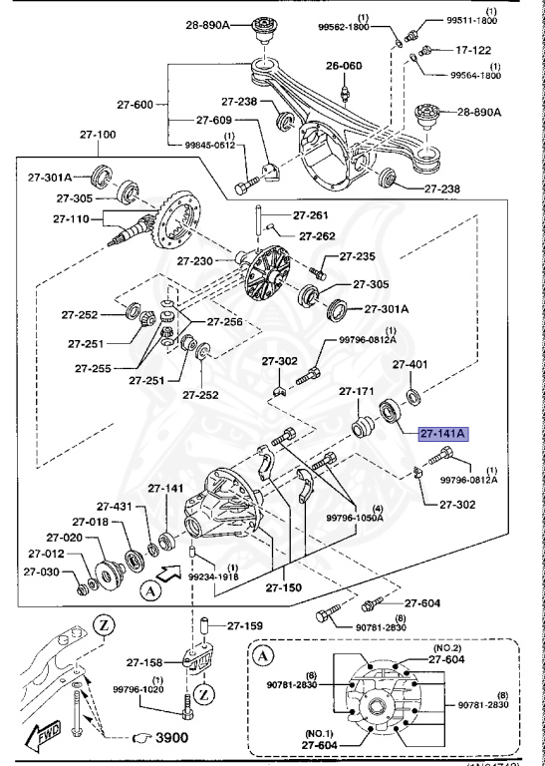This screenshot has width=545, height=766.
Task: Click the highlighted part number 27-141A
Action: coord(445,434)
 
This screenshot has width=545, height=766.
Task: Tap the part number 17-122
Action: coord(474,48)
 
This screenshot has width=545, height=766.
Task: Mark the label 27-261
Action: coord(311,215)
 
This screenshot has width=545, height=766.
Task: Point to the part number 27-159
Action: coord(244,626)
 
